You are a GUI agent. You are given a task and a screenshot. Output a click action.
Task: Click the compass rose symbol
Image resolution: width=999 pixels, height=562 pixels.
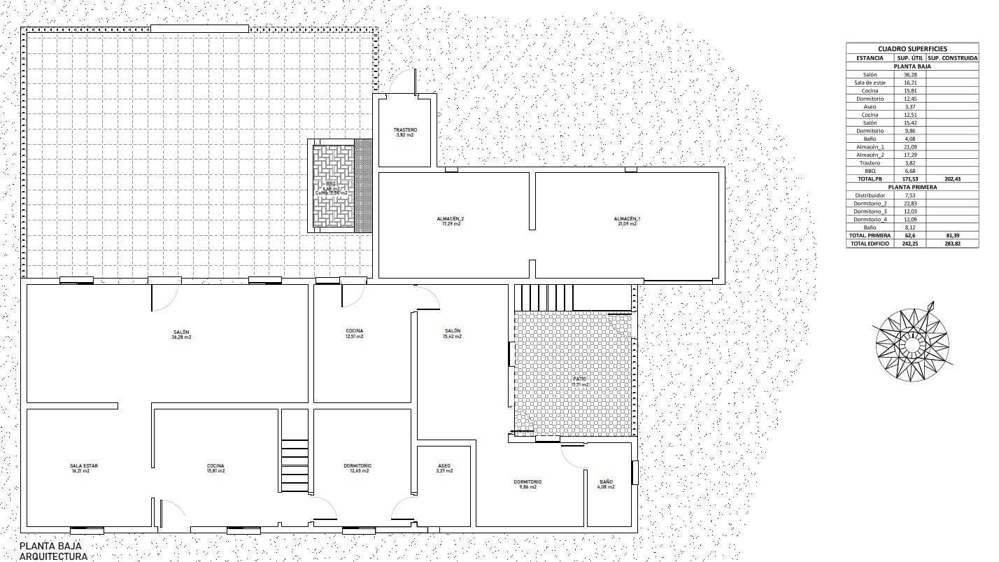(x=912, y=343)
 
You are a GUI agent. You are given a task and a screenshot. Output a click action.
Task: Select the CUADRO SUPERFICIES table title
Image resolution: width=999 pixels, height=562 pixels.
(x=912, y=49)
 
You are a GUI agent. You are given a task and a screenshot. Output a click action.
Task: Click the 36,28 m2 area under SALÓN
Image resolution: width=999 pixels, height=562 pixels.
(x=182, y=337)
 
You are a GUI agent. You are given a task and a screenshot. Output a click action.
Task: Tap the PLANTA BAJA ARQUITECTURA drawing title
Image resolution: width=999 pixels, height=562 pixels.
(x=54, y=551)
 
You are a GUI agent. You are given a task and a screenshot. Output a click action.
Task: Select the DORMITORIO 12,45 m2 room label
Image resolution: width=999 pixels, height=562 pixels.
(x=357, y=468)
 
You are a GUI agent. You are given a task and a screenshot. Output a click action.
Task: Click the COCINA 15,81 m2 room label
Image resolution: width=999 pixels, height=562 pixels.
(x=215, y=468)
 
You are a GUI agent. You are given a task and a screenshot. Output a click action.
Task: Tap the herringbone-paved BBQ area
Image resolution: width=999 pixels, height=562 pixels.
(x=333, y=186)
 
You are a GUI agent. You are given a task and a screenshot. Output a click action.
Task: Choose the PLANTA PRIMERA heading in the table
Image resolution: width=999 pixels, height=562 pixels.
(x=912, y=187)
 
